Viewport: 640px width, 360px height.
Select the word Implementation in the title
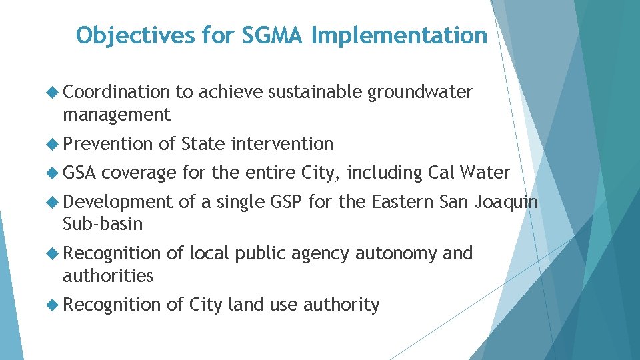(399, 35)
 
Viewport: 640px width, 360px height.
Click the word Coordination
(117, 92)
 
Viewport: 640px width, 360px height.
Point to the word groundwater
(420, 92)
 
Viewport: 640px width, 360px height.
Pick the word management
(117, 115)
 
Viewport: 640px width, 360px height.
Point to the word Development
(117, 201)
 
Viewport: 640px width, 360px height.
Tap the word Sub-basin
(103, 223)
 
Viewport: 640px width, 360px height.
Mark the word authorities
(108, 275)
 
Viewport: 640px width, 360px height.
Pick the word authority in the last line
(341, 305)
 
